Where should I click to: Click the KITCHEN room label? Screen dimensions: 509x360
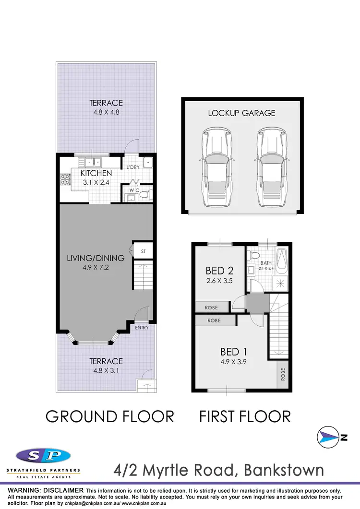[96, 173]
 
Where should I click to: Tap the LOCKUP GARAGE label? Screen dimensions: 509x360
[241, 113]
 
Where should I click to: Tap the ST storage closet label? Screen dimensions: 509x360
[143, 250]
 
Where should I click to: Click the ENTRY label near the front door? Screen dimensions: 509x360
[142, 328]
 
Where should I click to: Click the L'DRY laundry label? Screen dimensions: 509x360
[132, 167]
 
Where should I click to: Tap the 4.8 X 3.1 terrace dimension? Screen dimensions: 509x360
[106, 370]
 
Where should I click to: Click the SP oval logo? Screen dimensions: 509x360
[43, 456]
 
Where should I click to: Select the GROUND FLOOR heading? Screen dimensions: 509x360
[109, 416]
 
